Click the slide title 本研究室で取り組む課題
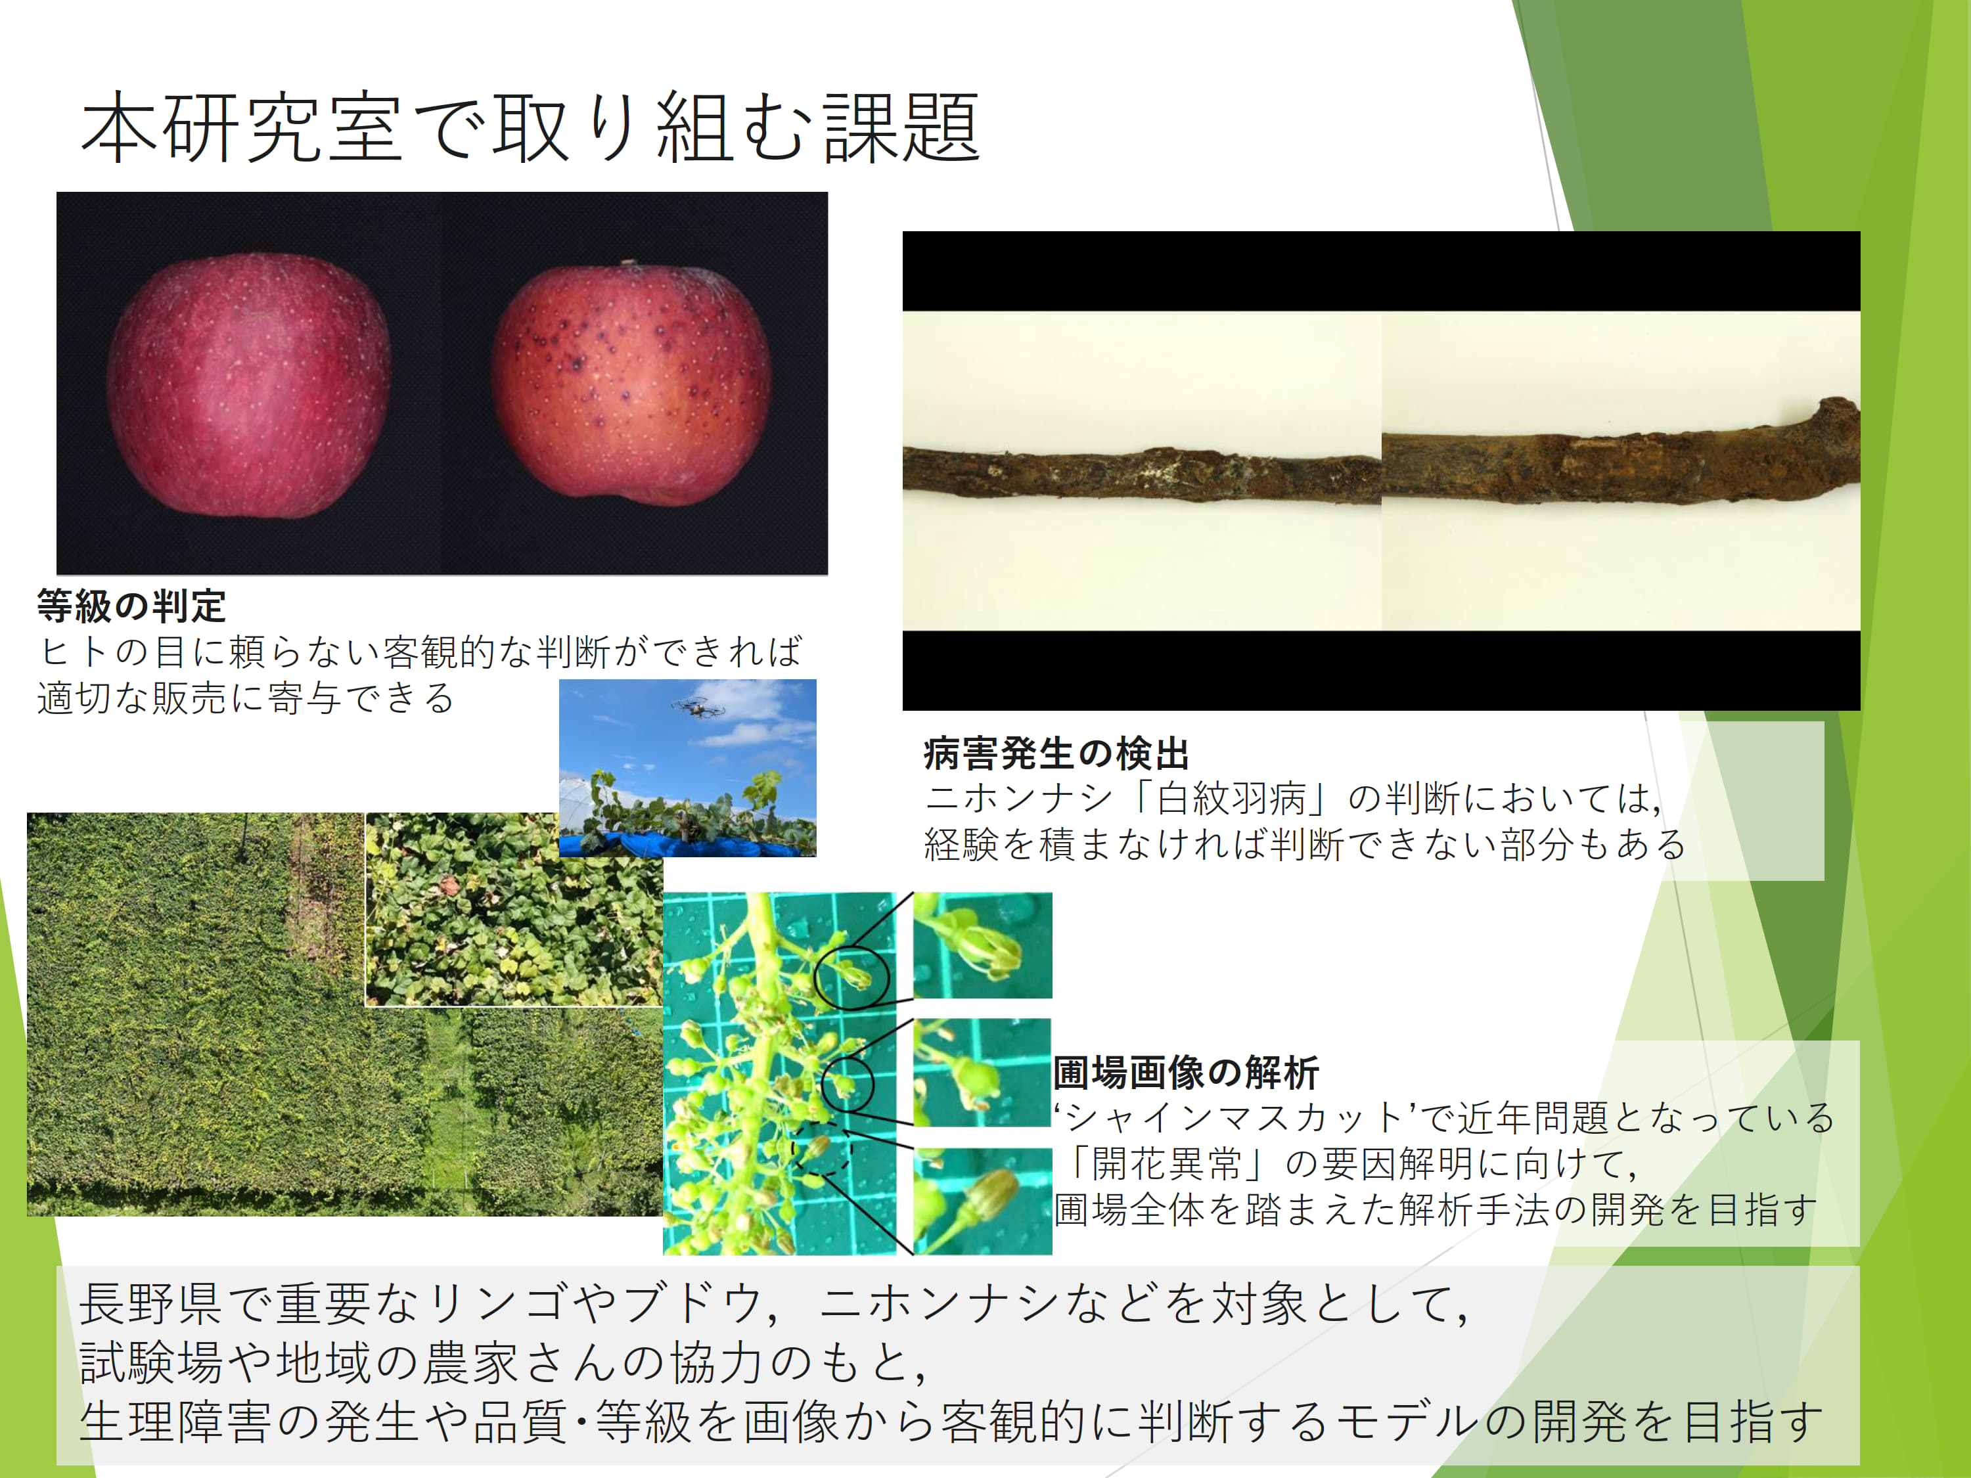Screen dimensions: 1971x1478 click(x=531, y=128)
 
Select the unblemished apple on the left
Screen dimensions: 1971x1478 click(x=248, y=385)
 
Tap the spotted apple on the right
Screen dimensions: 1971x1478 click(x=632, y=383)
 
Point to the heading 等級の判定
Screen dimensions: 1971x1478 click(x=132, y=606)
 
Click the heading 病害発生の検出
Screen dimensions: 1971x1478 click(x=1056, y=753)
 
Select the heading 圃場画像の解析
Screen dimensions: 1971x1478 click(x=1186, y=1072)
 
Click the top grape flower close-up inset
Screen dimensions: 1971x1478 click(x=983, y=945)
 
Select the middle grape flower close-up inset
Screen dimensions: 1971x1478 click(x=983, y=1073)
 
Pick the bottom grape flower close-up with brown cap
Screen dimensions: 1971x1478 click(x=983, y=1201)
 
